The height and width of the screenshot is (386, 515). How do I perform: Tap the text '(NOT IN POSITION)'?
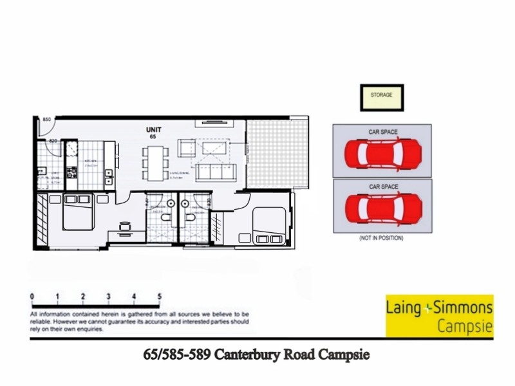click(x=382, y=238)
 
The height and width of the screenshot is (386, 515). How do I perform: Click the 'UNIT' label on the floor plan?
click(x=153, y=129)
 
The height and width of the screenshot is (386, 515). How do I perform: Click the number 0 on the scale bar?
click(x=32, y=296)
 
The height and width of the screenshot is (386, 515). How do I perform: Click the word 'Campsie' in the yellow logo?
click(x=465, y=326)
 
